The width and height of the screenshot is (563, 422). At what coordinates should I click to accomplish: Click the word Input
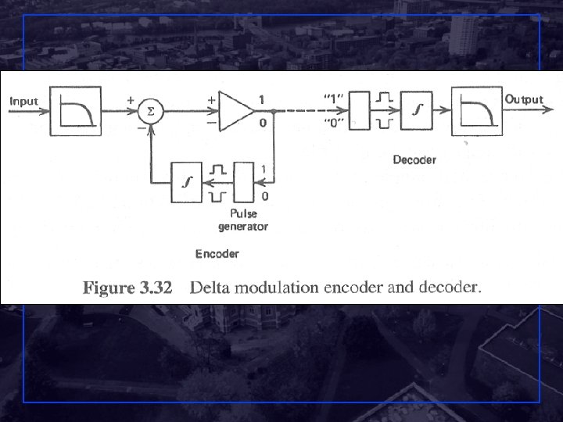click(23, 102)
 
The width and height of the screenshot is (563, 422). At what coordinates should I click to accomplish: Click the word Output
click(524, 99)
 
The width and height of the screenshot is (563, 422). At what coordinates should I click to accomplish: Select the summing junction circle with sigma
click(152, 112)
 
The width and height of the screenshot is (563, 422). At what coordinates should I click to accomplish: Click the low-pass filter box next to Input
click(75, 112)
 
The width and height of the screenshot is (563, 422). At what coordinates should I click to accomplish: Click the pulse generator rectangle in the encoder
click(244, 182)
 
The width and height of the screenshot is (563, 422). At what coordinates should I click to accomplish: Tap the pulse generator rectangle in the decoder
click(360, 112)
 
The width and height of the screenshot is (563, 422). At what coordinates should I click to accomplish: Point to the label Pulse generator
click(243, 220)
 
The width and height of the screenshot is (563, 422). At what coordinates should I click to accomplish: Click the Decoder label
click(414, 160)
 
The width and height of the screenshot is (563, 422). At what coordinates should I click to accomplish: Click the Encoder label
click(217, 253)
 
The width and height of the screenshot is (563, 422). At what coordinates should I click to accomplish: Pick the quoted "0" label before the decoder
click(332, 124)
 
